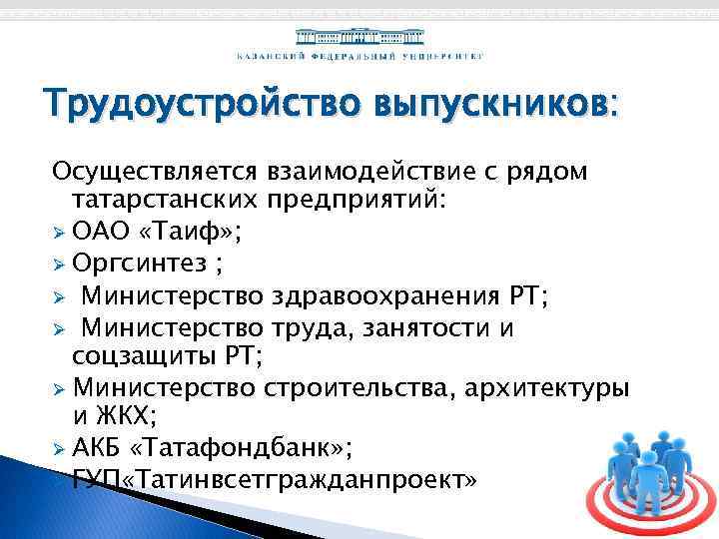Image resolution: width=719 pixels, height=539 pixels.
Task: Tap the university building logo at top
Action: (359, 34)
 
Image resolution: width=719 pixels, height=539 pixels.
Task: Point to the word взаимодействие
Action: (367, 172)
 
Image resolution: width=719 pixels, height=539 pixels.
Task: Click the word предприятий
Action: (356, 201)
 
